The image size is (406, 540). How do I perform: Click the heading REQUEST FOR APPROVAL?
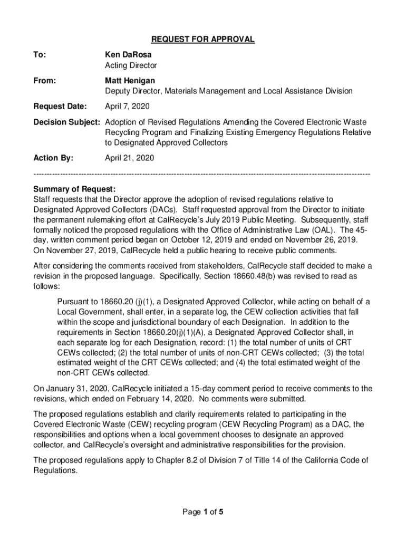pyautogui.click(x=203, y=40)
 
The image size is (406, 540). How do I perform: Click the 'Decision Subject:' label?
pyautogui.click(x=66, y=122)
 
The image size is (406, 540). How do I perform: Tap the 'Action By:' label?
pyautogui.click(x=53, y=157)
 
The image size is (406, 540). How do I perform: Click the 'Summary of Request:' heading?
pyautogui.click(x=74, y=189)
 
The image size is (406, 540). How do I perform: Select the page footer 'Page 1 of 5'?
pyautogui.click(x=202, y=511)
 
